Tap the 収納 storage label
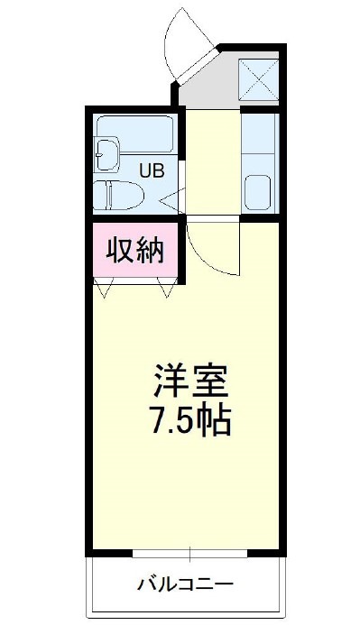click(x=136, y=250)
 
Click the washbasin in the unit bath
click(x=106, y=154)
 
